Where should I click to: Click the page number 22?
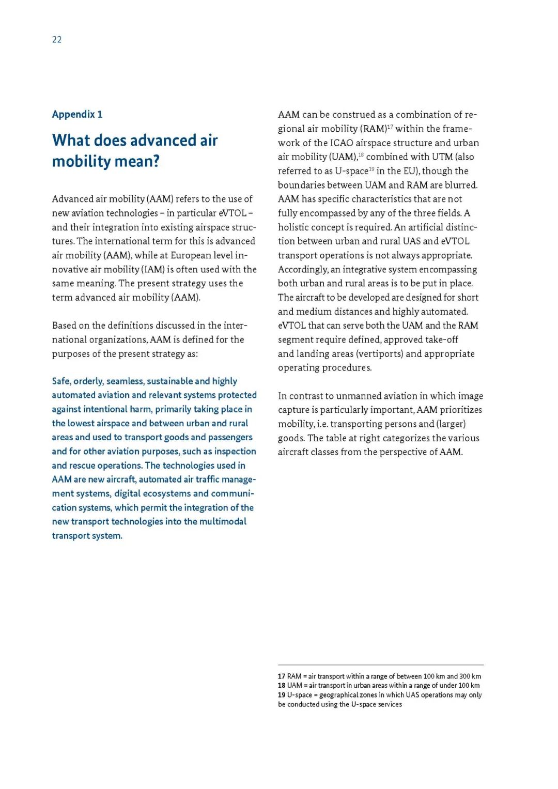click(x=57, y=40)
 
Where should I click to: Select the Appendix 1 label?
click(x=77, y=114)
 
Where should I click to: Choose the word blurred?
click(x=461, y=185)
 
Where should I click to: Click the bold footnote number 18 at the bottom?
click(x=282, y=686)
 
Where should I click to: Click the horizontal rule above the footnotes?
click(x=381, y=665)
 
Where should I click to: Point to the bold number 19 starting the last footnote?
click(x=282, y=695)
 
